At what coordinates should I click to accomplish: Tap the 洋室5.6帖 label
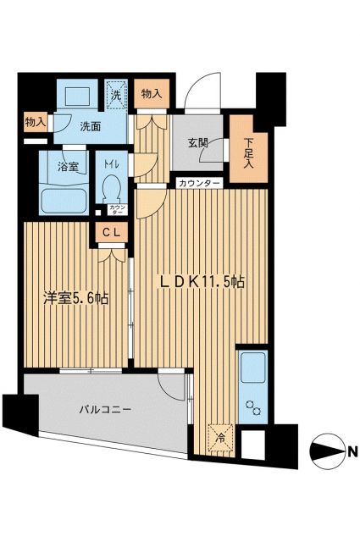pos(76,297)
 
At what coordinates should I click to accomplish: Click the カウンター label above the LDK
pos(200,184)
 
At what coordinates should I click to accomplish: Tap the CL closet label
pos(111,232)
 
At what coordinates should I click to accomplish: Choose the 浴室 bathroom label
pos(69,166)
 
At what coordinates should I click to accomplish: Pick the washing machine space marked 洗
pos(116,92)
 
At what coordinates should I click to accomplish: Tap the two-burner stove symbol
pos(252,410)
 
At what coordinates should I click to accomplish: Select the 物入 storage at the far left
pos(36,124)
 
